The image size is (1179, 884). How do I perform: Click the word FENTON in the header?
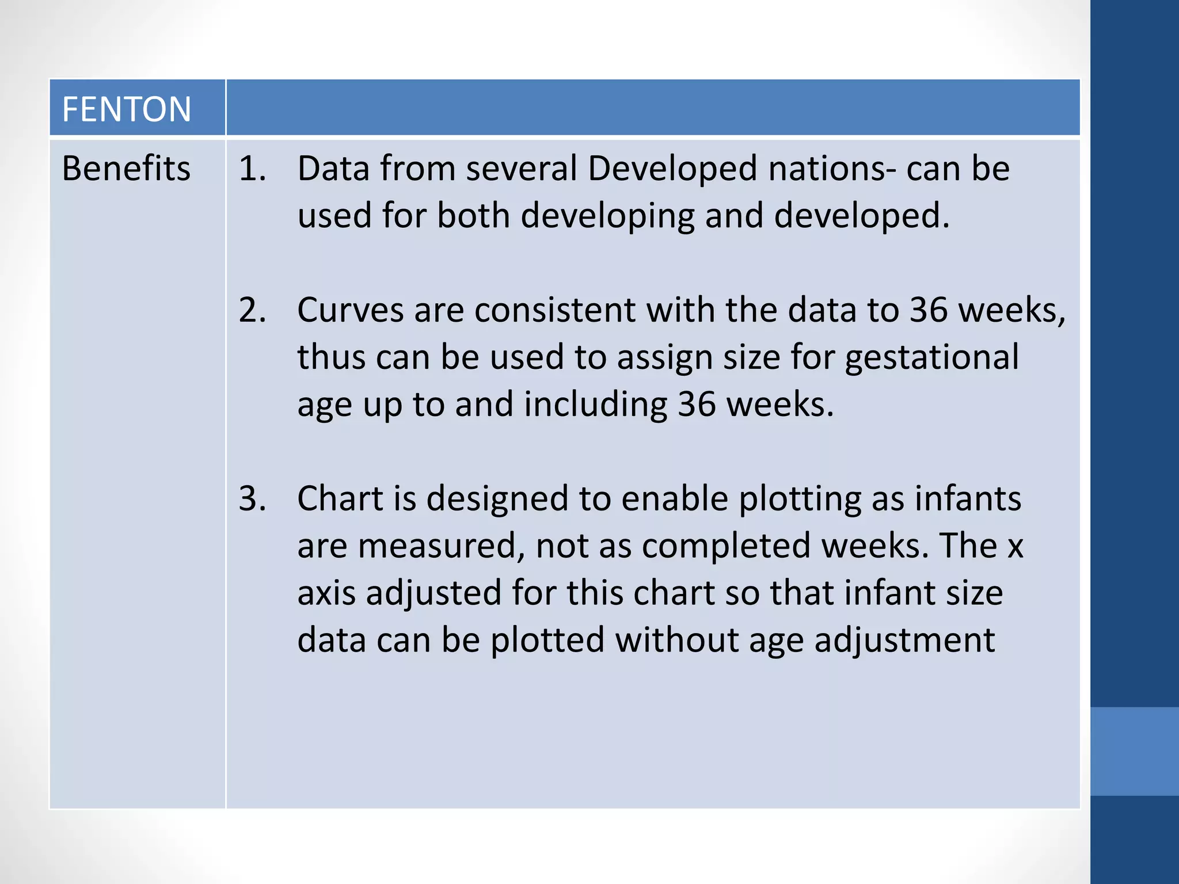click(x=126, y=109)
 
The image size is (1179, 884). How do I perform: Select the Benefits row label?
click(x=126, y=169)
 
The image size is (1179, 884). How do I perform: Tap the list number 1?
click(x=252, y=169)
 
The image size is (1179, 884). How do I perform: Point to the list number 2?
click(x=252, y=310)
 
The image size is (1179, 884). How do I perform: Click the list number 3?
click(x=252, y=498)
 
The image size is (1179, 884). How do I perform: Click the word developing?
click(x=607, y=216)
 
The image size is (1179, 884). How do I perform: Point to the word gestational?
click(x=931, y=358)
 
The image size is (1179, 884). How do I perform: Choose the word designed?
click(x=497, y=498)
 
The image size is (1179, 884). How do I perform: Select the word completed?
click(x=726, y=546)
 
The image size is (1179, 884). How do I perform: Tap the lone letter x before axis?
click(x=1015, y=546)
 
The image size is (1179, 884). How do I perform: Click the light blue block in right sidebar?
click(x=1134, y=751)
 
